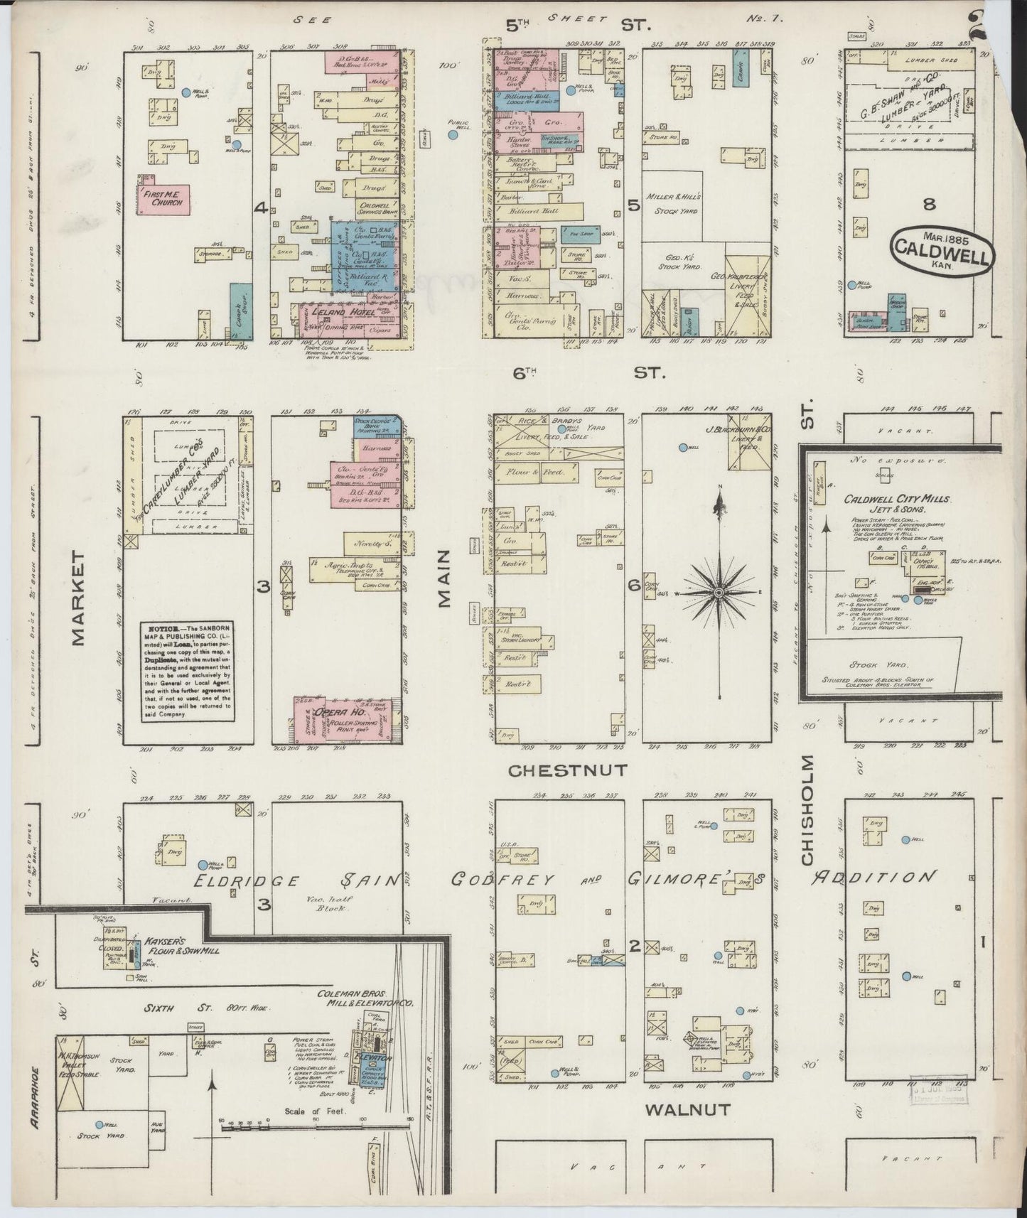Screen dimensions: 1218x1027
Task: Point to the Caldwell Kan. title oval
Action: point(941,249)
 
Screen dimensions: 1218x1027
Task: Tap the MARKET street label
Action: point(77,597)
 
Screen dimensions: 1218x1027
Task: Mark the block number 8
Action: point(929,205)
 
